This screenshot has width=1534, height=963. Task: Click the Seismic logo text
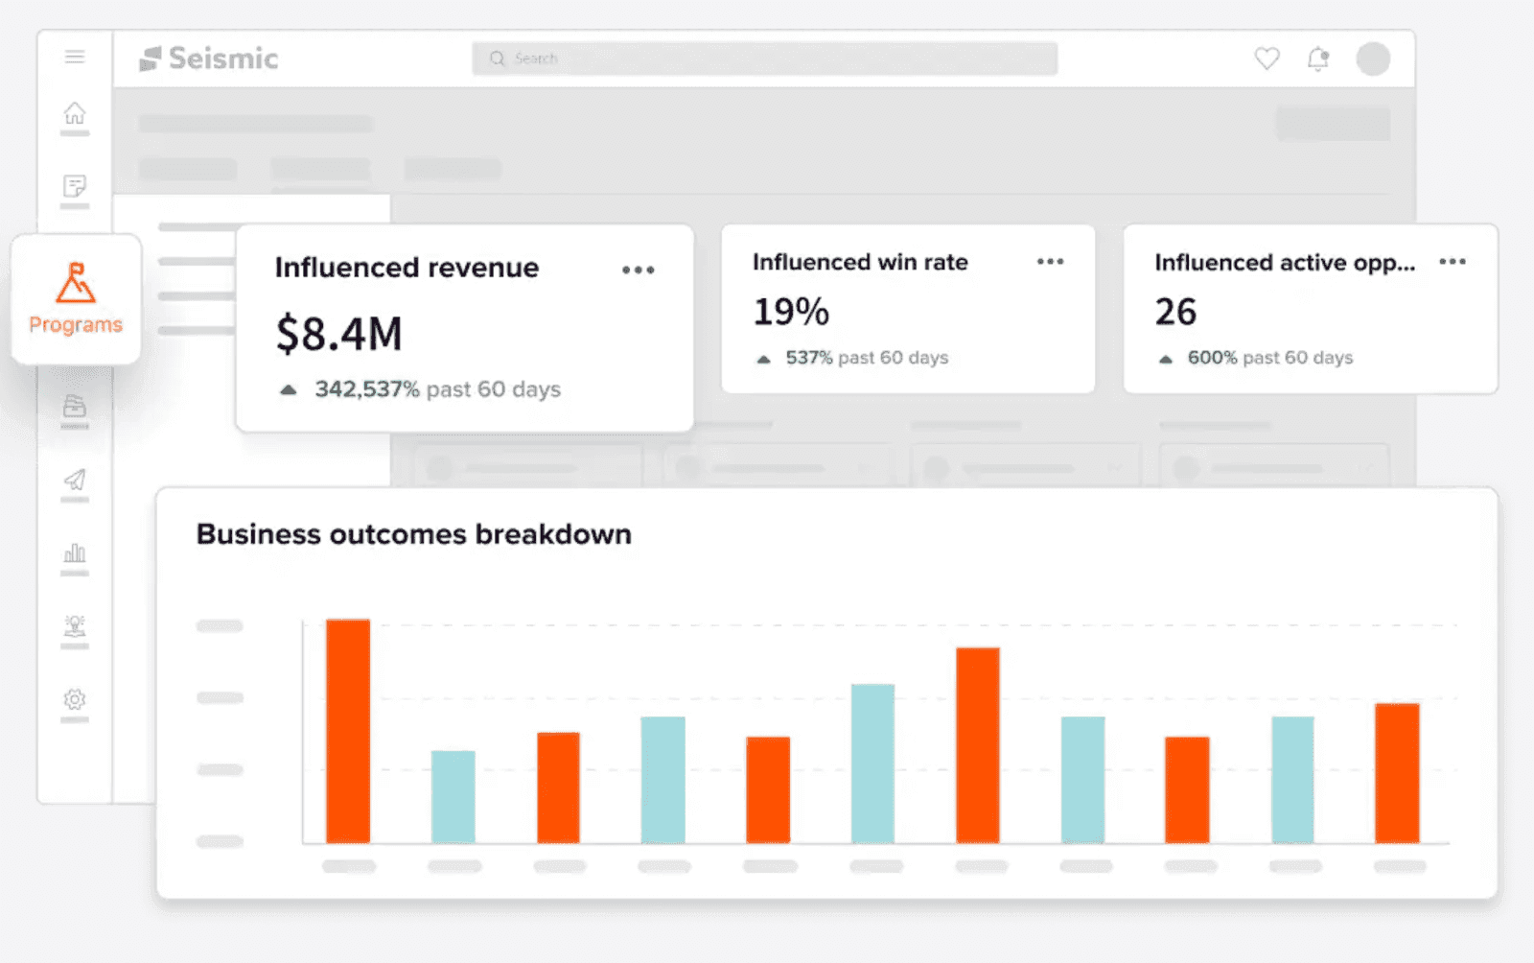[222, 59]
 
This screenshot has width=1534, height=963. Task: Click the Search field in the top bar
[764, 59]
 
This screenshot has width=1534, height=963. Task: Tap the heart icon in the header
[1267, 59]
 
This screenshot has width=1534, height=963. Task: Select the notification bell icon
[1318, 59]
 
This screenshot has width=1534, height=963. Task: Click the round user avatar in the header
[1372, 59]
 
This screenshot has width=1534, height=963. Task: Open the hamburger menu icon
[75, 57]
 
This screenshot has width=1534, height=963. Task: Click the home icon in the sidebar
[75, 113]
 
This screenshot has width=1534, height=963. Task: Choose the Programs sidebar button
[76, 298]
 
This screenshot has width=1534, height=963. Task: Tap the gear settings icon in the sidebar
[75, 699]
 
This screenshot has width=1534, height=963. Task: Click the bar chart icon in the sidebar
[75, 553]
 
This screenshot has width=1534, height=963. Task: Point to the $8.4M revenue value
[339, 334]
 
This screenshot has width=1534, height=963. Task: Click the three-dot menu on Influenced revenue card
[638, 270]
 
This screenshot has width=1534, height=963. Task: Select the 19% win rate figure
[791, 312]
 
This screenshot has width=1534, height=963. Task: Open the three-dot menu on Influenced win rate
[1050, 262]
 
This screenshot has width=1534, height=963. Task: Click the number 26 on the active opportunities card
[1175, 312]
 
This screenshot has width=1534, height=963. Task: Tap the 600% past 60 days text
[1269, 358]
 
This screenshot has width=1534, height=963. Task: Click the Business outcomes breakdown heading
[413, 534]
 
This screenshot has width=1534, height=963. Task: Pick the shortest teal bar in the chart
[453, 796]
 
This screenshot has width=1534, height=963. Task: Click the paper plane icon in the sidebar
[75, 480]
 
